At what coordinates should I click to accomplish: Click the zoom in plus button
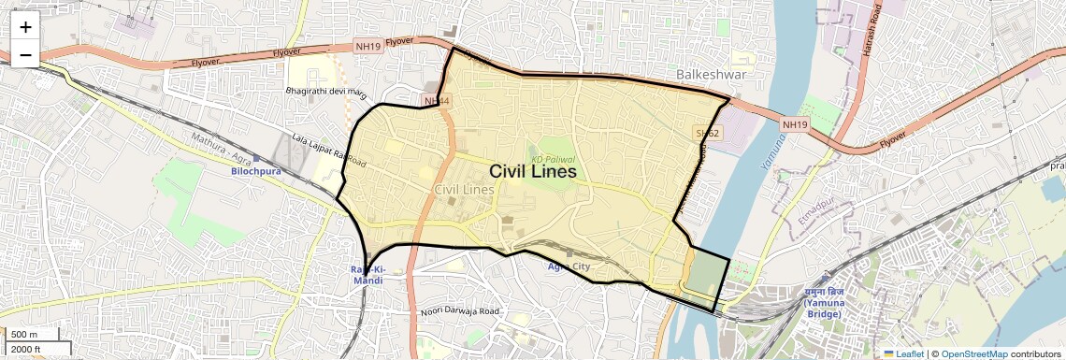[x=25, y=27]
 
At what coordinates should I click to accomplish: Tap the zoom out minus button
[x=25, y=55]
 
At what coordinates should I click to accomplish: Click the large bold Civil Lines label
[x=532, y=172]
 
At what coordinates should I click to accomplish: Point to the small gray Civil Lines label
[x=465, y=190]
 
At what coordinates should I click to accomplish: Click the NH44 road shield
[x=437, y=100]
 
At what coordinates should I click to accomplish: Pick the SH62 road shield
[x=707, y=134]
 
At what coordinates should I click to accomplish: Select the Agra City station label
[x=569, y=267]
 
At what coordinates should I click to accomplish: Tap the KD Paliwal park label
[x=553, y=160]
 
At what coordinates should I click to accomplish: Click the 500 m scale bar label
[x=23, y=335]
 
